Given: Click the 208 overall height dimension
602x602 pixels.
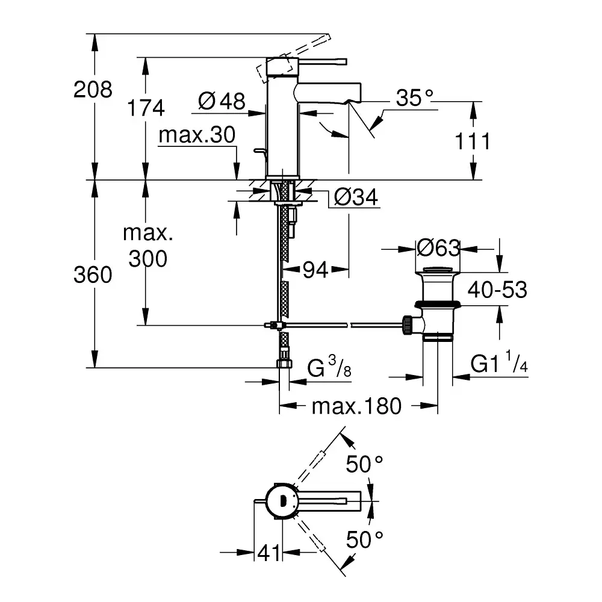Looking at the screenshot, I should [93, 90].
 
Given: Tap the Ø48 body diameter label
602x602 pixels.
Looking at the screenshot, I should [222, 101].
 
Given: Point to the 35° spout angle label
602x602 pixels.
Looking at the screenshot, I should [415, 98].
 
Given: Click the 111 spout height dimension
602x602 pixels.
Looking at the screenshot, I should [471, 142].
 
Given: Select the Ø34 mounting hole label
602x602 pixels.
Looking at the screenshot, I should [356, 197].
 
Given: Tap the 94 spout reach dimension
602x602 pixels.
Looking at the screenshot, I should [315, 271].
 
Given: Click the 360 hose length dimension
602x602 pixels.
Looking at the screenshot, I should [93, 275].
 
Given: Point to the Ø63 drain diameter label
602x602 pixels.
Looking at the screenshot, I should [438, 247].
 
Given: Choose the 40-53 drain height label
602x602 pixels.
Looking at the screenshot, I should [498, 290].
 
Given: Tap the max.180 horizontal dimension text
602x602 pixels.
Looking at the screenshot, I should [356, 406].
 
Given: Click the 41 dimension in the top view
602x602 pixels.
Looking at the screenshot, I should [269, 553].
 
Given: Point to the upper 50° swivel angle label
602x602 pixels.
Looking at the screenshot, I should [364, 464].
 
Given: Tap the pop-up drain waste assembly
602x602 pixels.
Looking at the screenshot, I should [436, 304].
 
